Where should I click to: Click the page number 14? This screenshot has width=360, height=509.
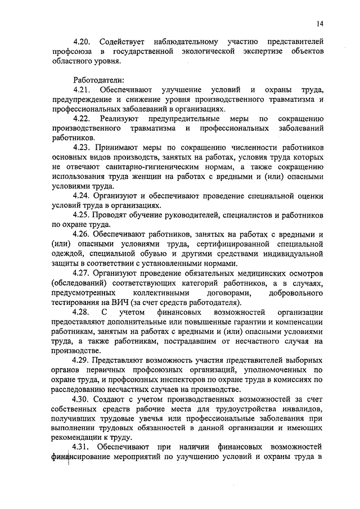(319, 24)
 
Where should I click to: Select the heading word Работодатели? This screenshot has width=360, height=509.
(95, 79)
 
